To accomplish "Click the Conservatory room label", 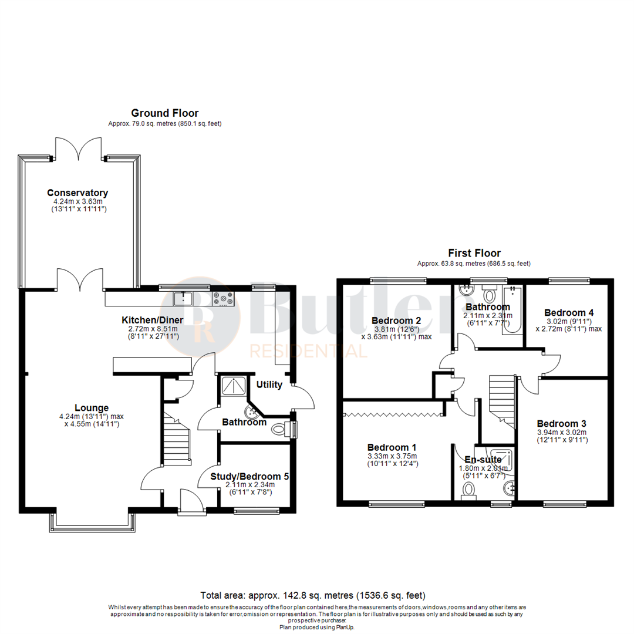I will pos(77,193).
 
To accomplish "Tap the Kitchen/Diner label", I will pos(153,320).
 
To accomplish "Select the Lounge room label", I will pos(92,407).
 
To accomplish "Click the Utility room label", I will pos(269,385).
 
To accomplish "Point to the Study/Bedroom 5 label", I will pos(249,476).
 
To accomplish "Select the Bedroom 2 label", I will pos(396,321).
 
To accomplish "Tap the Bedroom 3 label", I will pos(561,423).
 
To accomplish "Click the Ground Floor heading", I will pos(164,113).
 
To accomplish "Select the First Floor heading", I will pos(474,253).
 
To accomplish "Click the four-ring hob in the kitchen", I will pos(224,299).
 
